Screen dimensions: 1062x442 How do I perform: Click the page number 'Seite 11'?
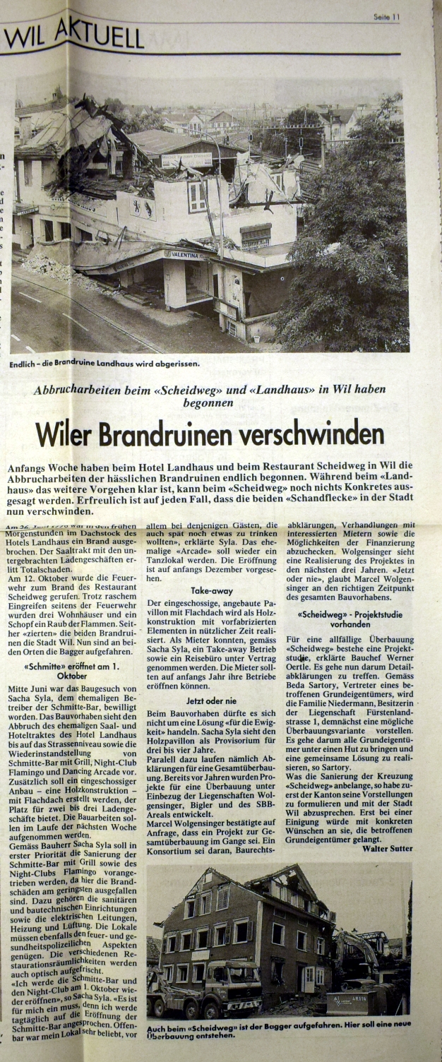(x=386, y=17)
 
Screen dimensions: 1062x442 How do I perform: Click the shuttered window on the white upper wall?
(x=197, y=195)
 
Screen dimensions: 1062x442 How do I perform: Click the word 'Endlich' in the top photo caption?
(x=25, y=364)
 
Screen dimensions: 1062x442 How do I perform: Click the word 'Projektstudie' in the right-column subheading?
(x=378, y=614)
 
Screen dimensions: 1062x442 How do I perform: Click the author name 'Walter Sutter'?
(x=388, y=848)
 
